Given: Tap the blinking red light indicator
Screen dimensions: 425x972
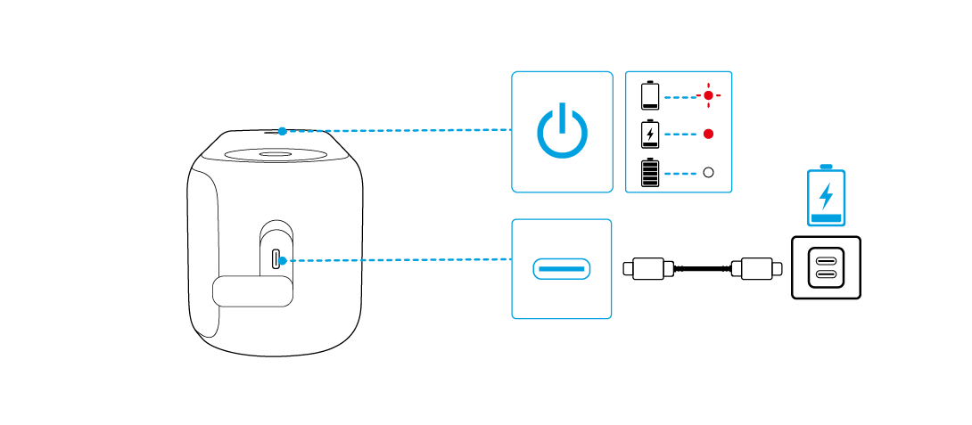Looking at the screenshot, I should pos(709,94).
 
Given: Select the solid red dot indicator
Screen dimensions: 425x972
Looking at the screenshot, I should pos(709,134).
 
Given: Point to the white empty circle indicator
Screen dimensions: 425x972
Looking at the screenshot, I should pos(709,173).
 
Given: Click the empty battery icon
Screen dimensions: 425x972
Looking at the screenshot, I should pos(650,94).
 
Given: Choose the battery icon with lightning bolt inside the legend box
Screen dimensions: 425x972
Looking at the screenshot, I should pos(650,134).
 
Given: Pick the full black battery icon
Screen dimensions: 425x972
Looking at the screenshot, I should pos(650,173).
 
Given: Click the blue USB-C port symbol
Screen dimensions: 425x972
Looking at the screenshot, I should pos(562,268).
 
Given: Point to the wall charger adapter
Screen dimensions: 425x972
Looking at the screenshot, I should pos(827,267).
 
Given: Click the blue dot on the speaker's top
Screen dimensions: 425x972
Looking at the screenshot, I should pos(282,131).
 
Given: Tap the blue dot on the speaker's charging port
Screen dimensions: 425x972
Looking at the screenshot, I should pos(281,261).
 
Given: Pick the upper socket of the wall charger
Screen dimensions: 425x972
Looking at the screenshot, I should pos(827,260).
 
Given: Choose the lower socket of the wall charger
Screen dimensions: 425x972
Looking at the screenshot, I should pos(827,275).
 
